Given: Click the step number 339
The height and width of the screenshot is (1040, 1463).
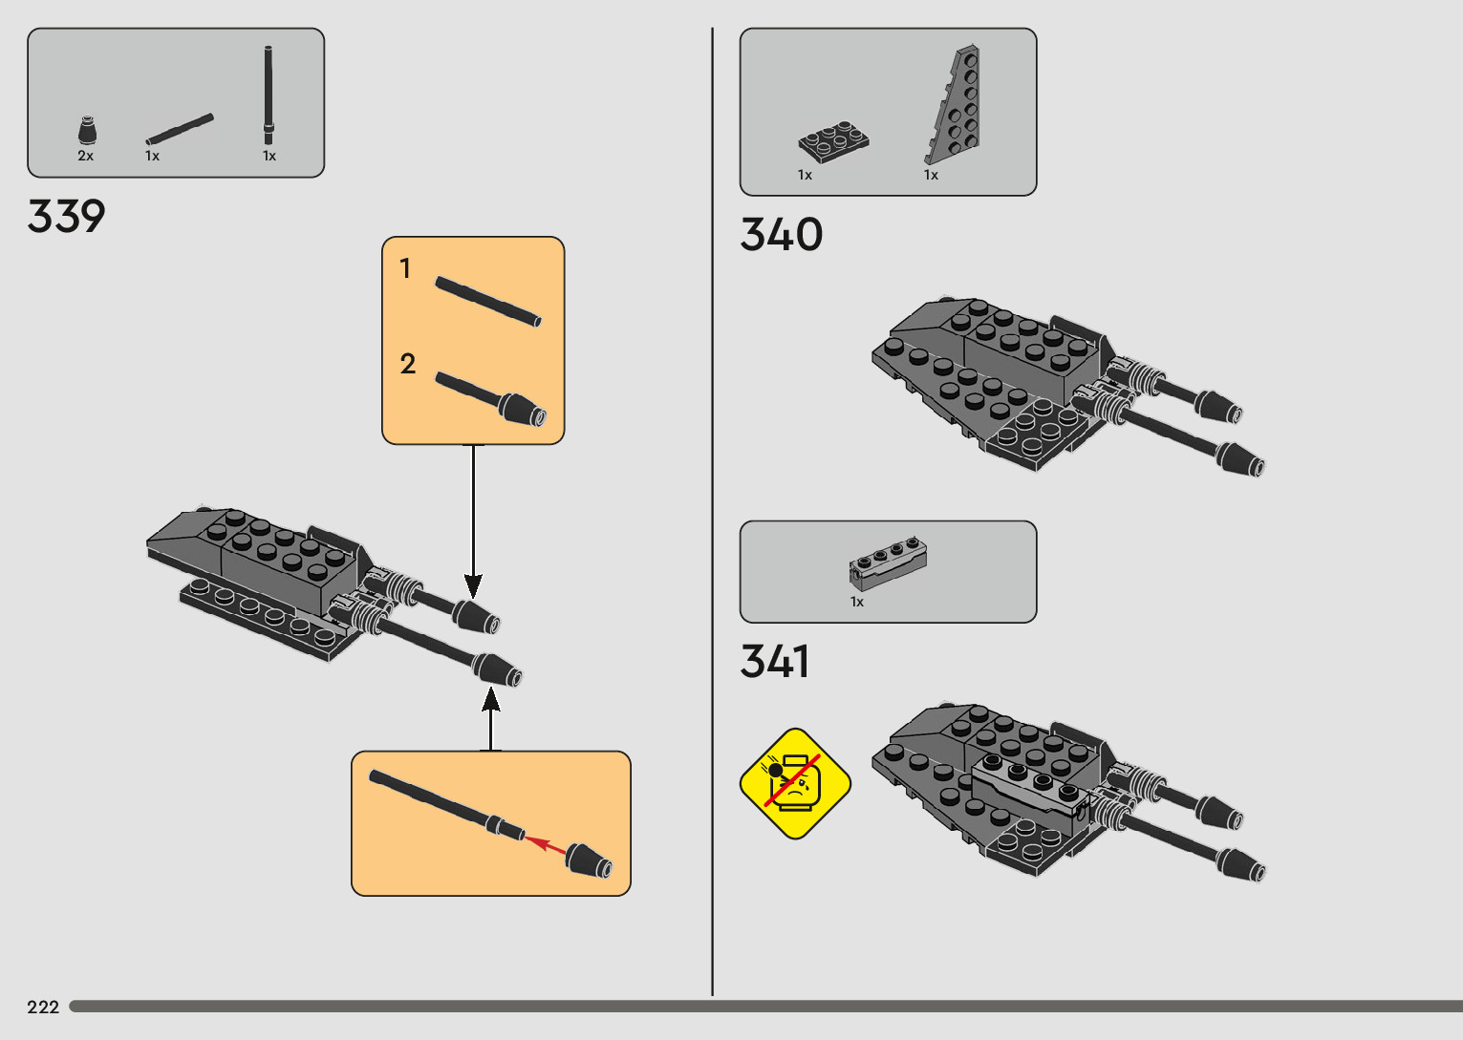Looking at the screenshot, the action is point(66,217).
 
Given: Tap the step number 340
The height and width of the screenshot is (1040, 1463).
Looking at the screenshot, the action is point(781,235).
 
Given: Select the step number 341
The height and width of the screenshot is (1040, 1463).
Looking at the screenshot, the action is point(774,661).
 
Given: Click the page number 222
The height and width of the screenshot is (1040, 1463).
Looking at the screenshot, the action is point(43,1007).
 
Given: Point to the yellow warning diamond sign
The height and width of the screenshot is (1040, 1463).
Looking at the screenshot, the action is point(795,783).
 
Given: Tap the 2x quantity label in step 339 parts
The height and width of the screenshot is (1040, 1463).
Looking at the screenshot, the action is point(86,156).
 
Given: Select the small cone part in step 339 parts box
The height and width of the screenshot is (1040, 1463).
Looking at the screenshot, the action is point(87,131).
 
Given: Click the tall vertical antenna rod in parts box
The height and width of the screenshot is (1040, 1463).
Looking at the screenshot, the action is point(269,96).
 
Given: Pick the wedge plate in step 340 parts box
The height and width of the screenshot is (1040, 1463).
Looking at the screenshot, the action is point(956,105).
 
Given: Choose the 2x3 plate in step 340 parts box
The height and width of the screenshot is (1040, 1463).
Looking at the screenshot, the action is point(833,140).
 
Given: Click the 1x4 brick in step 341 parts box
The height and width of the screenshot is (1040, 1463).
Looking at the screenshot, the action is point(888,562).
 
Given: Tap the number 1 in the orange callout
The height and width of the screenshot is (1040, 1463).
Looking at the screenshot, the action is point(405,269).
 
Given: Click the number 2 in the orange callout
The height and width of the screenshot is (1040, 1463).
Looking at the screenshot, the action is point(408,364).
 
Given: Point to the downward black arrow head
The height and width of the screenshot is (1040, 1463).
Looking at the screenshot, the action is point(473,584).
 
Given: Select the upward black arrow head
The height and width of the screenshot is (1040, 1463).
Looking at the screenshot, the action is point(491,701).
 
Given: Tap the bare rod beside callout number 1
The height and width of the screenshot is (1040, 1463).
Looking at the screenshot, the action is point(488,300).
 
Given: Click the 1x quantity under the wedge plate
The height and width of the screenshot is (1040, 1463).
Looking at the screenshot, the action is point(931,175).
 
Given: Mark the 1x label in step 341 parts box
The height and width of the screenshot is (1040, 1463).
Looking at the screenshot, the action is point(857,602).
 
